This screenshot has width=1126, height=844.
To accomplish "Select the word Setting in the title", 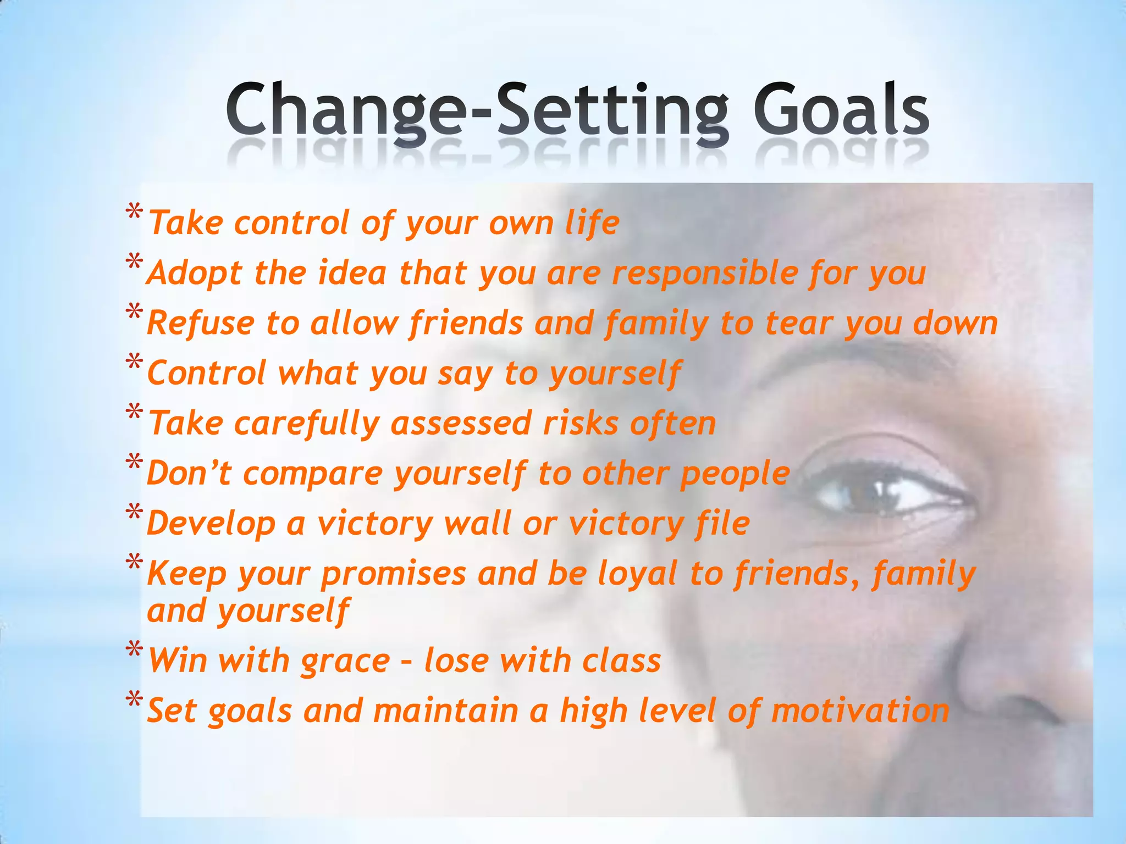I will click(613, 110).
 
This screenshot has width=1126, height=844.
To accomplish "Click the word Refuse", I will click(201, 323).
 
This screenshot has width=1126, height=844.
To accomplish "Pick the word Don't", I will click(189, 473).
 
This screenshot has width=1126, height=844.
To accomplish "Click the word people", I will click(735, 474).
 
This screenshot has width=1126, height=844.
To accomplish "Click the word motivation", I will click(860, 711).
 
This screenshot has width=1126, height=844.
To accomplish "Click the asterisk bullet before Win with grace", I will click(134, 651).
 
